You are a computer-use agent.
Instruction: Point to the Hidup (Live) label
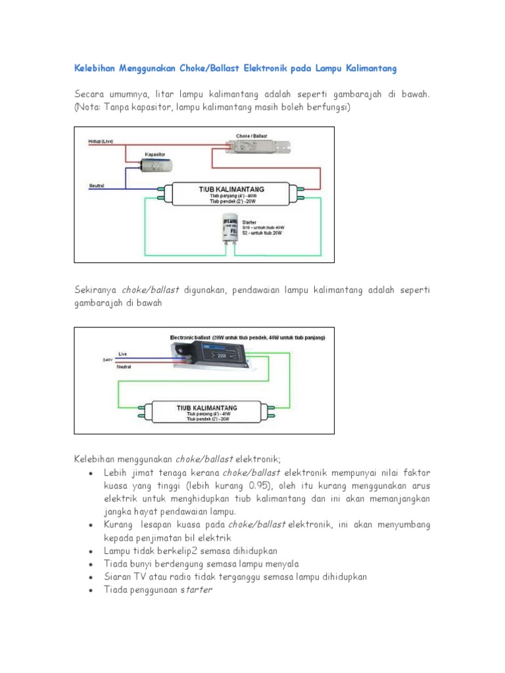coord(100,141)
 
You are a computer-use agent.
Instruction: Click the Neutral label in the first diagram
coord(96,186)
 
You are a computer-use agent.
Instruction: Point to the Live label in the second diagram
coord(122,354)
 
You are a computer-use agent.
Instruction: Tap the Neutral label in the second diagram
coord(124,367)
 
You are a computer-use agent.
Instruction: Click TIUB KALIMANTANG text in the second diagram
coord(206,408)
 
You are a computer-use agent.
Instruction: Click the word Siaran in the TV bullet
coord(118,577)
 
